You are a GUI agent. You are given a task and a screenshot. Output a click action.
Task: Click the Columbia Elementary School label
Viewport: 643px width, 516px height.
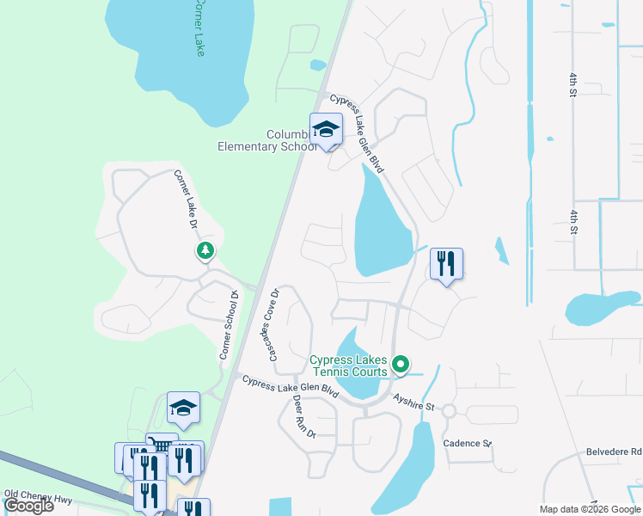[x=267, y=140]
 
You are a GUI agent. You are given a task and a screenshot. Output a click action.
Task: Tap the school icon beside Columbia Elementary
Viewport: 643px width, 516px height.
[x=326, y=130]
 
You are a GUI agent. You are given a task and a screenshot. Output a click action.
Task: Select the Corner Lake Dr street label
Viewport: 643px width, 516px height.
[x=187, y=200]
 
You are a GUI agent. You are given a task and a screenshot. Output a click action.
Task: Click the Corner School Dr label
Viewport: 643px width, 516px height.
[x=228, y=324]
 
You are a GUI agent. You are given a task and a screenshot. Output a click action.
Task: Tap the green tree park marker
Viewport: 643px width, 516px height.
[x=205, y=250]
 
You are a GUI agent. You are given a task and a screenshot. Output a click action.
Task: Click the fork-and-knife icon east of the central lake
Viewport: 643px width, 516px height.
[x=446, y=263]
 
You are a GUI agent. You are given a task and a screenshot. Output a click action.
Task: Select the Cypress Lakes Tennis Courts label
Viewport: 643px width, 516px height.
[x=349, y=365]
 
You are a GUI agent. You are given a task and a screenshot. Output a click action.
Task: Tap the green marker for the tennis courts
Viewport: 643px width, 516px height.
[x=400, y=365]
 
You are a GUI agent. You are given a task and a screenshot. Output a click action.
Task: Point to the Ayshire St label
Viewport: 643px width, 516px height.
[x=415, y=399]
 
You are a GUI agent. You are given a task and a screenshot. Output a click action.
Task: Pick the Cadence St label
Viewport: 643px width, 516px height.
[x=467, y=444]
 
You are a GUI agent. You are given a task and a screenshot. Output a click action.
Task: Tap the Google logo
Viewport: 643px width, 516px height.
[x=29, y=506]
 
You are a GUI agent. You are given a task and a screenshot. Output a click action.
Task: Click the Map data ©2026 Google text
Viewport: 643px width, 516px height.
[x=590, y=509]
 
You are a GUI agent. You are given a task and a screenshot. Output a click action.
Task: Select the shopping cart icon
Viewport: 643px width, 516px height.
[x=157, y=444]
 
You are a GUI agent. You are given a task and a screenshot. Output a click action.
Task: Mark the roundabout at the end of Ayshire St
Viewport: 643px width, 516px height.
[x=448, y=412]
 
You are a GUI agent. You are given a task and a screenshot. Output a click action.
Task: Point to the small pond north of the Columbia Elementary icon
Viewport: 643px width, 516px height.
[x=318, y=64]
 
